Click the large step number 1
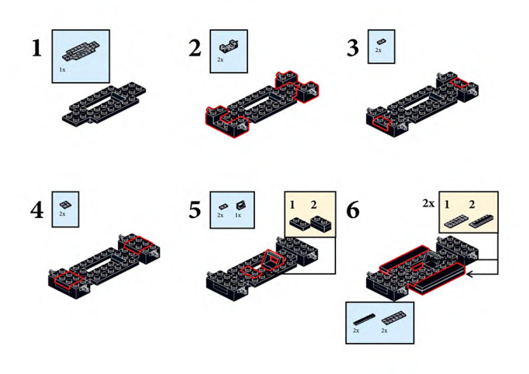coord(37,48)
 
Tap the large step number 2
coord(195,48)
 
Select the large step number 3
coord(353,48)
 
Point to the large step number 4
coord(37,210)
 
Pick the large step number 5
coord(195,210)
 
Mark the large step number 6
coord(353,210)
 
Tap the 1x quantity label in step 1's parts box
coord(62,70)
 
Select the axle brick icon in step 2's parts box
coord(229,46)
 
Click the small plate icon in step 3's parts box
coord(381,42)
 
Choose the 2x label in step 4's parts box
coord(62,214)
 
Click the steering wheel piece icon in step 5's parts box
coord(241,206)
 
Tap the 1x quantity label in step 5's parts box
coord(238,215)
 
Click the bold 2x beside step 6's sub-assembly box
coord(428,204)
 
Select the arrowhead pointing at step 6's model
coord(469,274)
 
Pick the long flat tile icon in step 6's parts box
coord(364,319)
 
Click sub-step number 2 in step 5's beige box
coord(314,205)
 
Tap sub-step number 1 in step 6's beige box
coord(447,205)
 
